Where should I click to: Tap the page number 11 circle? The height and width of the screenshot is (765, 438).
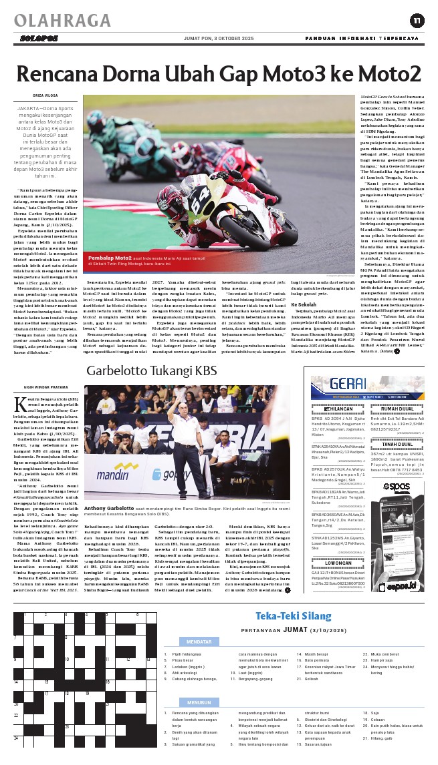(417, 21)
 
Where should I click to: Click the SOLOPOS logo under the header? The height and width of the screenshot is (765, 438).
(33, 38)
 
